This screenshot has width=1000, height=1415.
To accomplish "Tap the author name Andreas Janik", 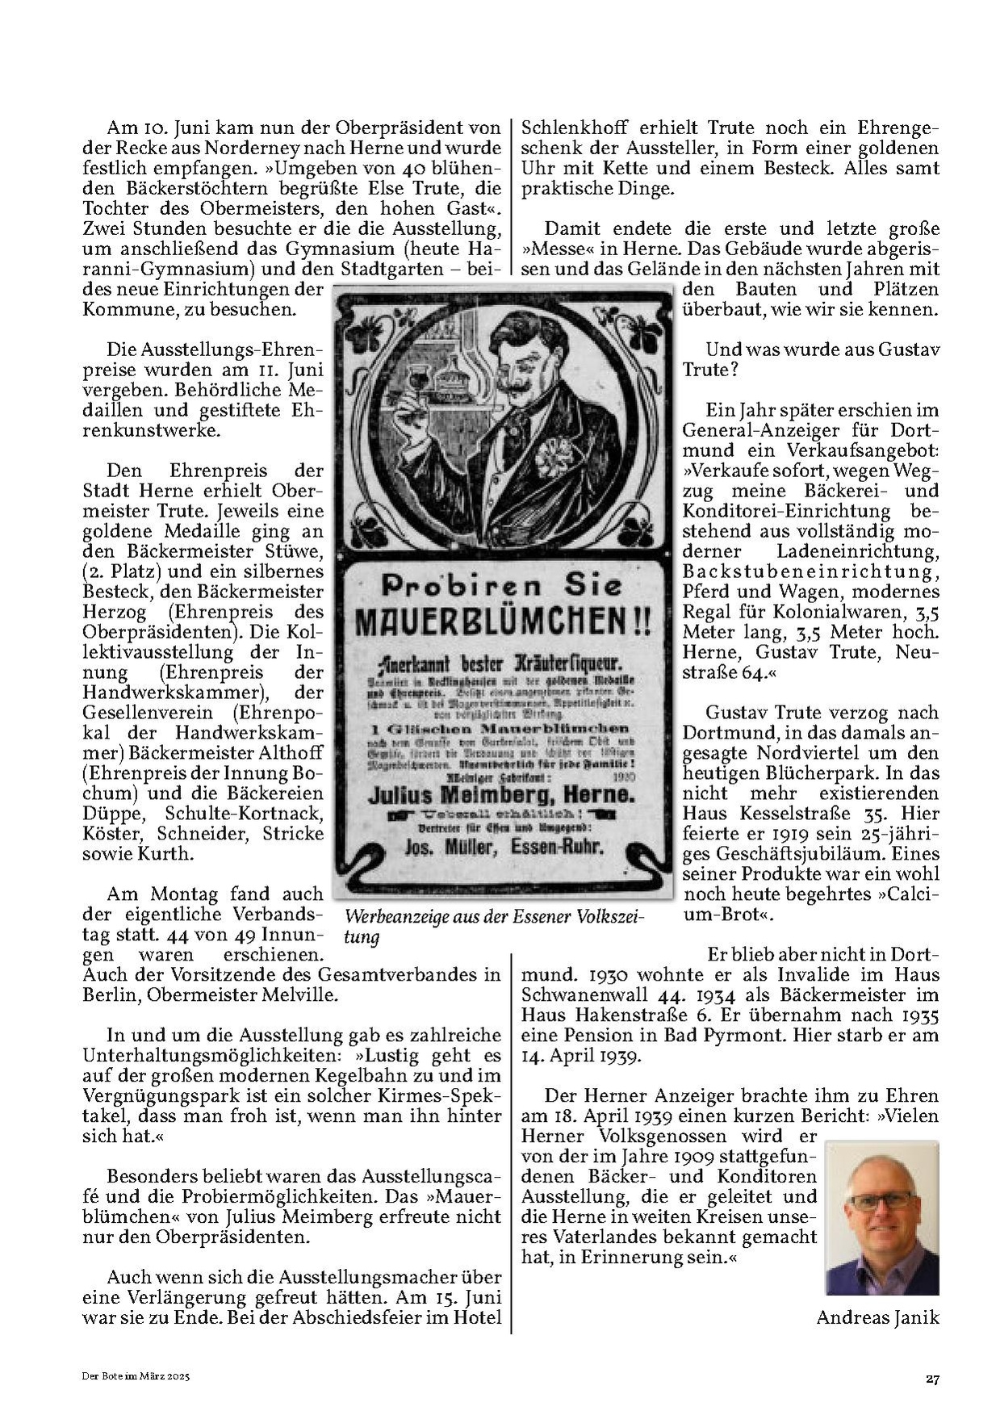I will click(x=877, y=1317).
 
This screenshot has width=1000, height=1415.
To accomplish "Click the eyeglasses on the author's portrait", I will click(x=882, y=1201).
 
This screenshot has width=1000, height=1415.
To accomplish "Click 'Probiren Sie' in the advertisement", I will click(x=501, y=585).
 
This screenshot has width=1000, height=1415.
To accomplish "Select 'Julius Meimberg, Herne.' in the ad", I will click(x=500, y=795).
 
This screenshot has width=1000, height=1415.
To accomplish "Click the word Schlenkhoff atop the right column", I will click(x=575, y=128).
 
